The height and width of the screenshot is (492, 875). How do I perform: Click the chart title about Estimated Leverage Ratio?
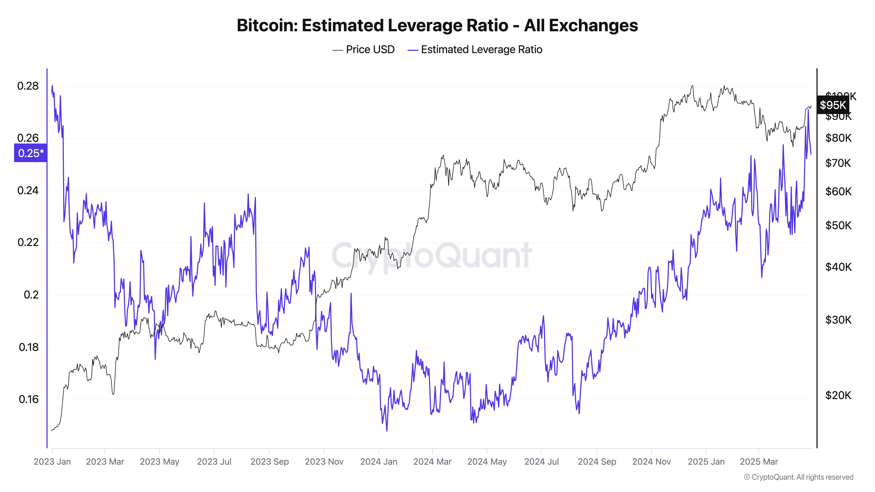click(437, 25)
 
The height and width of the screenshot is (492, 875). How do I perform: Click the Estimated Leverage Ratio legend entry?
click(475, 50)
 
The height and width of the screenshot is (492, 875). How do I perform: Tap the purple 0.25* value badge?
click(31, 153)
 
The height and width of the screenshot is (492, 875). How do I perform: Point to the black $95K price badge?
click(833, 105)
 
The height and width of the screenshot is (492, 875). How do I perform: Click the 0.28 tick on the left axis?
click(28, 86)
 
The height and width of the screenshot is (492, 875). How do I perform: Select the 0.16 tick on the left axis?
click(28, 399)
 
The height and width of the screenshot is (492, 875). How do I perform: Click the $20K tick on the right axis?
click(838, 395)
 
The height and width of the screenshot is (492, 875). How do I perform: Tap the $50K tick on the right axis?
click(838, 225)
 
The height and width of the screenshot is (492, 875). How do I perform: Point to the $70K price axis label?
click(838, 163)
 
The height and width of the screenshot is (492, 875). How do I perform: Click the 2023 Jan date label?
click(52, 462)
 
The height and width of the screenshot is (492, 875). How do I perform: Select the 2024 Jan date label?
click(379, 462)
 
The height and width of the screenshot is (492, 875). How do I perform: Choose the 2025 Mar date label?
click(759, 462)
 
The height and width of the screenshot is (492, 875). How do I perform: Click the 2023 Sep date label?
click(269, 462)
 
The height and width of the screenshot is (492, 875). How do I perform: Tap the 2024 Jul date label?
click(541, 462)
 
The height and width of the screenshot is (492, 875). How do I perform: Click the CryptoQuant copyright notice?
click(798, 477)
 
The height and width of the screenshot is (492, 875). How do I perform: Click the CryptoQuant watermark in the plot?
click(431, 255)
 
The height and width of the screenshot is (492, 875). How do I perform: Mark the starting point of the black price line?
click(52, 431)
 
